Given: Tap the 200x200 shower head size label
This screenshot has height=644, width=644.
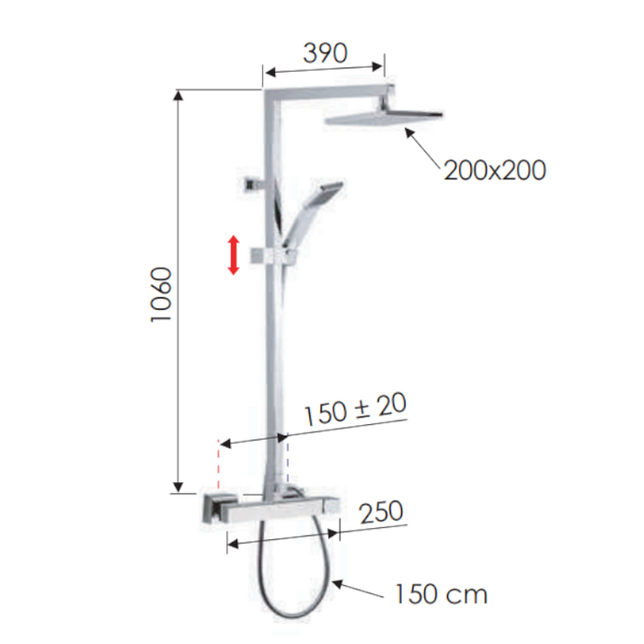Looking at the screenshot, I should click(x=494, y=170).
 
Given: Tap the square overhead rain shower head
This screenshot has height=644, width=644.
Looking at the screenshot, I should click(x=385, y=120).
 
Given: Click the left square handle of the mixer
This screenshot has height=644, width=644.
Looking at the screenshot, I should click(x=215, y=508).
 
